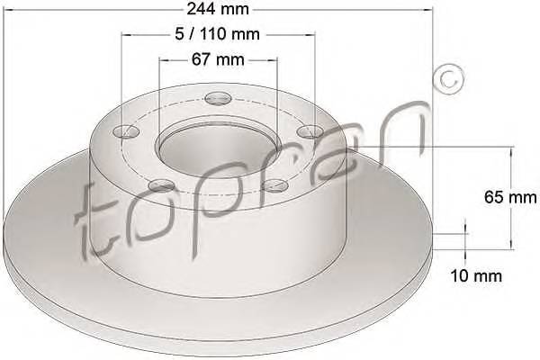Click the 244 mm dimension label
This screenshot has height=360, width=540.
pos(218,9)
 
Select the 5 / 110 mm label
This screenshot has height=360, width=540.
pos(217,34)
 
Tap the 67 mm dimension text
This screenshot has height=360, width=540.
pos(218,59)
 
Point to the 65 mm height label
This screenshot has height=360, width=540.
pos(510,197)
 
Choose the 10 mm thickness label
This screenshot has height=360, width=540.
pos(476,275)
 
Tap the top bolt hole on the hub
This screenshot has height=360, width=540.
pos(217,98)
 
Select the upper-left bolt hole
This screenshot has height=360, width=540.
pos(126,131)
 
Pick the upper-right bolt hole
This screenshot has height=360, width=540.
pos(310,131)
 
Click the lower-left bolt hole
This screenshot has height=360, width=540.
pos(161,186)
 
